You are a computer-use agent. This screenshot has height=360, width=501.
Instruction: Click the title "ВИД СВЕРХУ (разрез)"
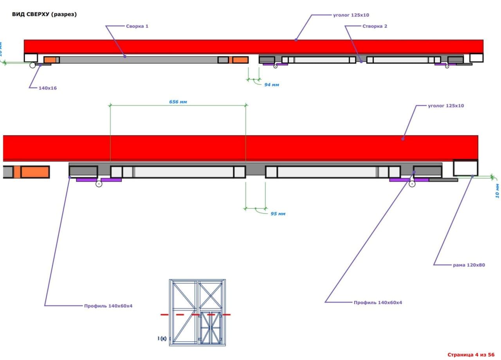point(44,14)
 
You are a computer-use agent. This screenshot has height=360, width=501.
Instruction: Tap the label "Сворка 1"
point(137,26)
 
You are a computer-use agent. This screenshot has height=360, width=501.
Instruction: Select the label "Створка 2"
point(375,26)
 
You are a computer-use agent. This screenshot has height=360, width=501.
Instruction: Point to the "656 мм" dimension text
point(178,102)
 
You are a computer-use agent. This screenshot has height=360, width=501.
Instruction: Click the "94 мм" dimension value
point(272,85)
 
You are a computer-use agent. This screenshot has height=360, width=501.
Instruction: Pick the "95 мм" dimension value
point(278,214)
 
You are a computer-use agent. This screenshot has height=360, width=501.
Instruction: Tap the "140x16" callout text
point(48,88)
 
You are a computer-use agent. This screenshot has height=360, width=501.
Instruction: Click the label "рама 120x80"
point(469,265)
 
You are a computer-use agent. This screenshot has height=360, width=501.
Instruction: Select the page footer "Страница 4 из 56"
point(471,355)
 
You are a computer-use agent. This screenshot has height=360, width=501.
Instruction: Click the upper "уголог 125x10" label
point(351,15)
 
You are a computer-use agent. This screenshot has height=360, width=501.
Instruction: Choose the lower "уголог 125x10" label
point(446,106)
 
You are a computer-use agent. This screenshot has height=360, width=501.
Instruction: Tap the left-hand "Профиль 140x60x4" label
point(108,306)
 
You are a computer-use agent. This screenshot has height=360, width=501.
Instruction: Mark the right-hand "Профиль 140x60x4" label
point(378,302)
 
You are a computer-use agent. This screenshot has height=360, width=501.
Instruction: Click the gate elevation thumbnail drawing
point(197,312)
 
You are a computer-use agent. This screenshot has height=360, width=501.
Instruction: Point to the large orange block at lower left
point(35,172)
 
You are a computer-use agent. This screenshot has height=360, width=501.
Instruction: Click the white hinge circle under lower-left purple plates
point(99,184)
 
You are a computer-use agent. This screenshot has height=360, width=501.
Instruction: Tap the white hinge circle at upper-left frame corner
point(32,65)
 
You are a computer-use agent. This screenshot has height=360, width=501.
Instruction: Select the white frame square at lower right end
point(465,168)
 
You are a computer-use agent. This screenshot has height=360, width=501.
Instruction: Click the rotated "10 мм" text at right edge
point(497,191)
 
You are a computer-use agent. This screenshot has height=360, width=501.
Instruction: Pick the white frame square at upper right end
point(476,58)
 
